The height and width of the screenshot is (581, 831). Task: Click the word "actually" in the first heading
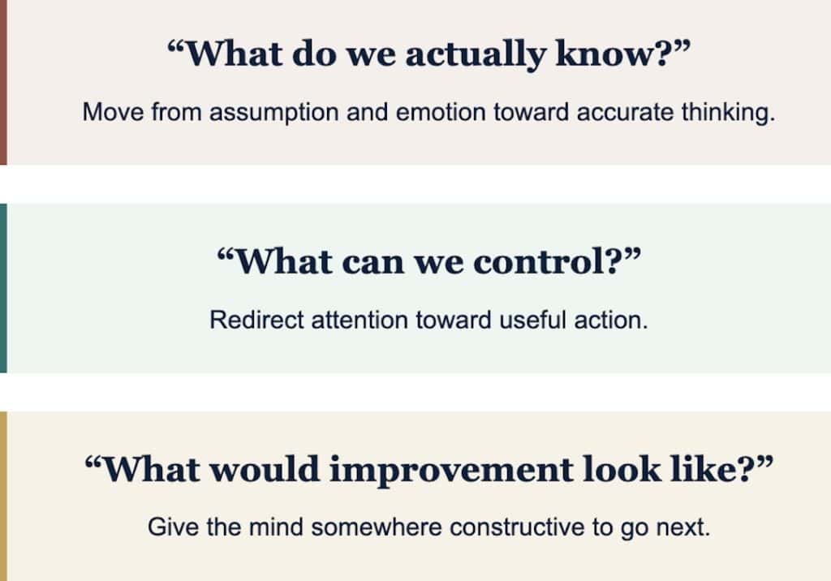coord(476,55)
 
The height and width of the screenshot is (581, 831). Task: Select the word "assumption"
coord(274,113)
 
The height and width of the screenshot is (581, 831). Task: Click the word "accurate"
coord(625,112)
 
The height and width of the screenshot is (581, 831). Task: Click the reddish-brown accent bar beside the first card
coord(3,82)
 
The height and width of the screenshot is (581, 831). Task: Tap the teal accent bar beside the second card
coord(3,288)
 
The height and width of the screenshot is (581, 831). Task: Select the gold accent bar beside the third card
coord(3,496)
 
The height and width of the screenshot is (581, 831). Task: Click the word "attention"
coord(360,321)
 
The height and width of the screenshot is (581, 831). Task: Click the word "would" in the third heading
coord(265,469)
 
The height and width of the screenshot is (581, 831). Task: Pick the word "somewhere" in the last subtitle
coord(377,527)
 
